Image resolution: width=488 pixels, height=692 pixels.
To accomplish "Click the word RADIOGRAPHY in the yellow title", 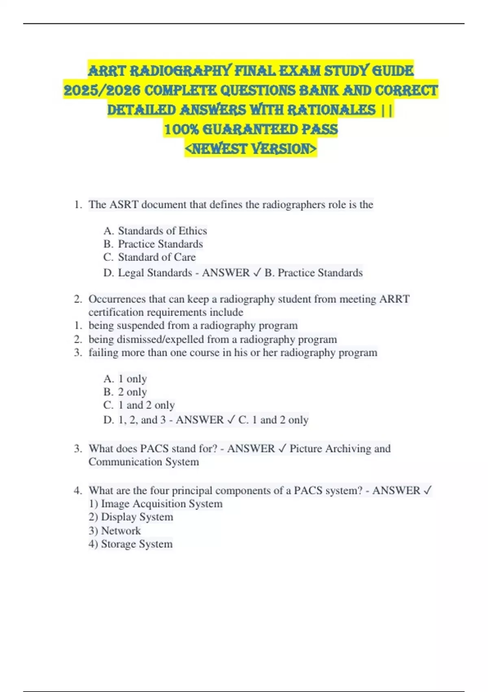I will click(x=181, y=71).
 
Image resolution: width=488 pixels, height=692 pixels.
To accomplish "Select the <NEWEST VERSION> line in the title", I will click(x=251, y=149).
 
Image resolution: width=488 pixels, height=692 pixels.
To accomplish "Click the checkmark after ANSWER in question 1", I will click(x=257, y=273).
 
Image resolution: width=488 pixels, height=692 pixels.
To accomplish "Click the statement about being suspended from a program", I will click(x=193, y=326).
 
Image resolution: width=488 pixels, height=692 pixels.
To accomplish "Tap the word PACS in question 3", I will click(x=155, y=449).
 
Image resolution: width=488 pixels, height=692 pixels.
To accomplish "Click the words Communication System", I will click(x=144, y=462).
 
